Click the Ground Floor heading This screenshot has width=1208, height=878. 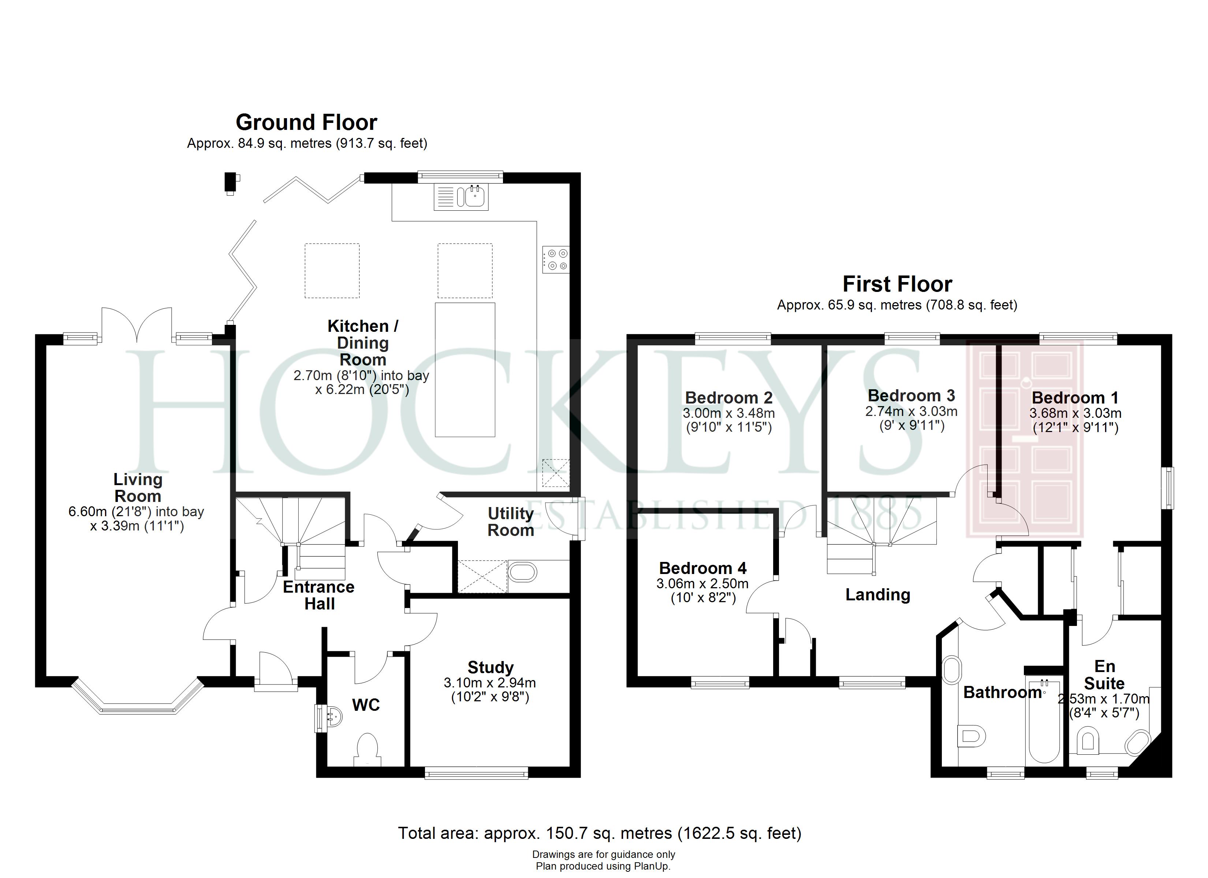pos(306,123)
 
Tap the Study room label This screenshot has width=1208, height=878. pos(490,667)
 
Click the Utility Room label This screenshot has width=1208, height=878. pos(510,522)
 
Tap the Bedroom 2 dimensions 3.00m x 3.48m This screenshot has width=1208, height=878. pos(728,413)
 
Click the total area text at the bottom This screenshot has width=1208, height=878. pos(599,833)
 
